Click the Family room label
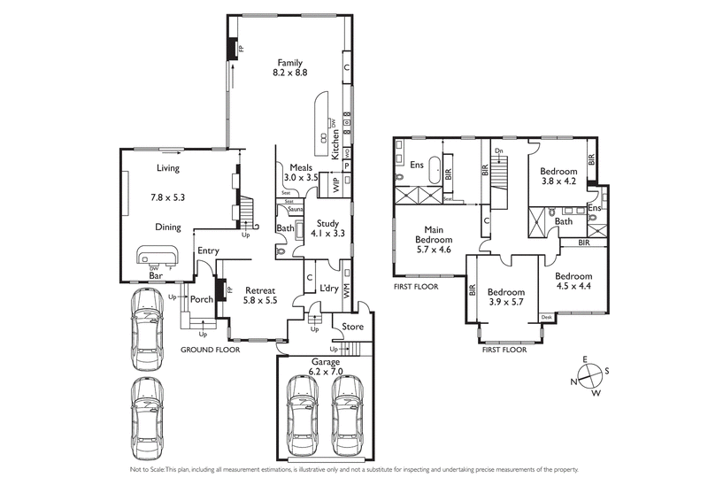coord(290,63)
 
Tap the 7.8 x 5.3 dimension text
coord(168,197)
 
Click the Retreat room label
coord(260,289)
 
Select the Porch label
coord(202,300)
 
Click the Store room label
coord(353,327)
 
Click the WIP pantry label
coord(335,184)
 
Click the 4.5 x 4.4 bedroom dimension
coord(574,286)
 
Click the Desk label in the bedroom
coord(546,317)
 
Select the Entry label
coord(208,250)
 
